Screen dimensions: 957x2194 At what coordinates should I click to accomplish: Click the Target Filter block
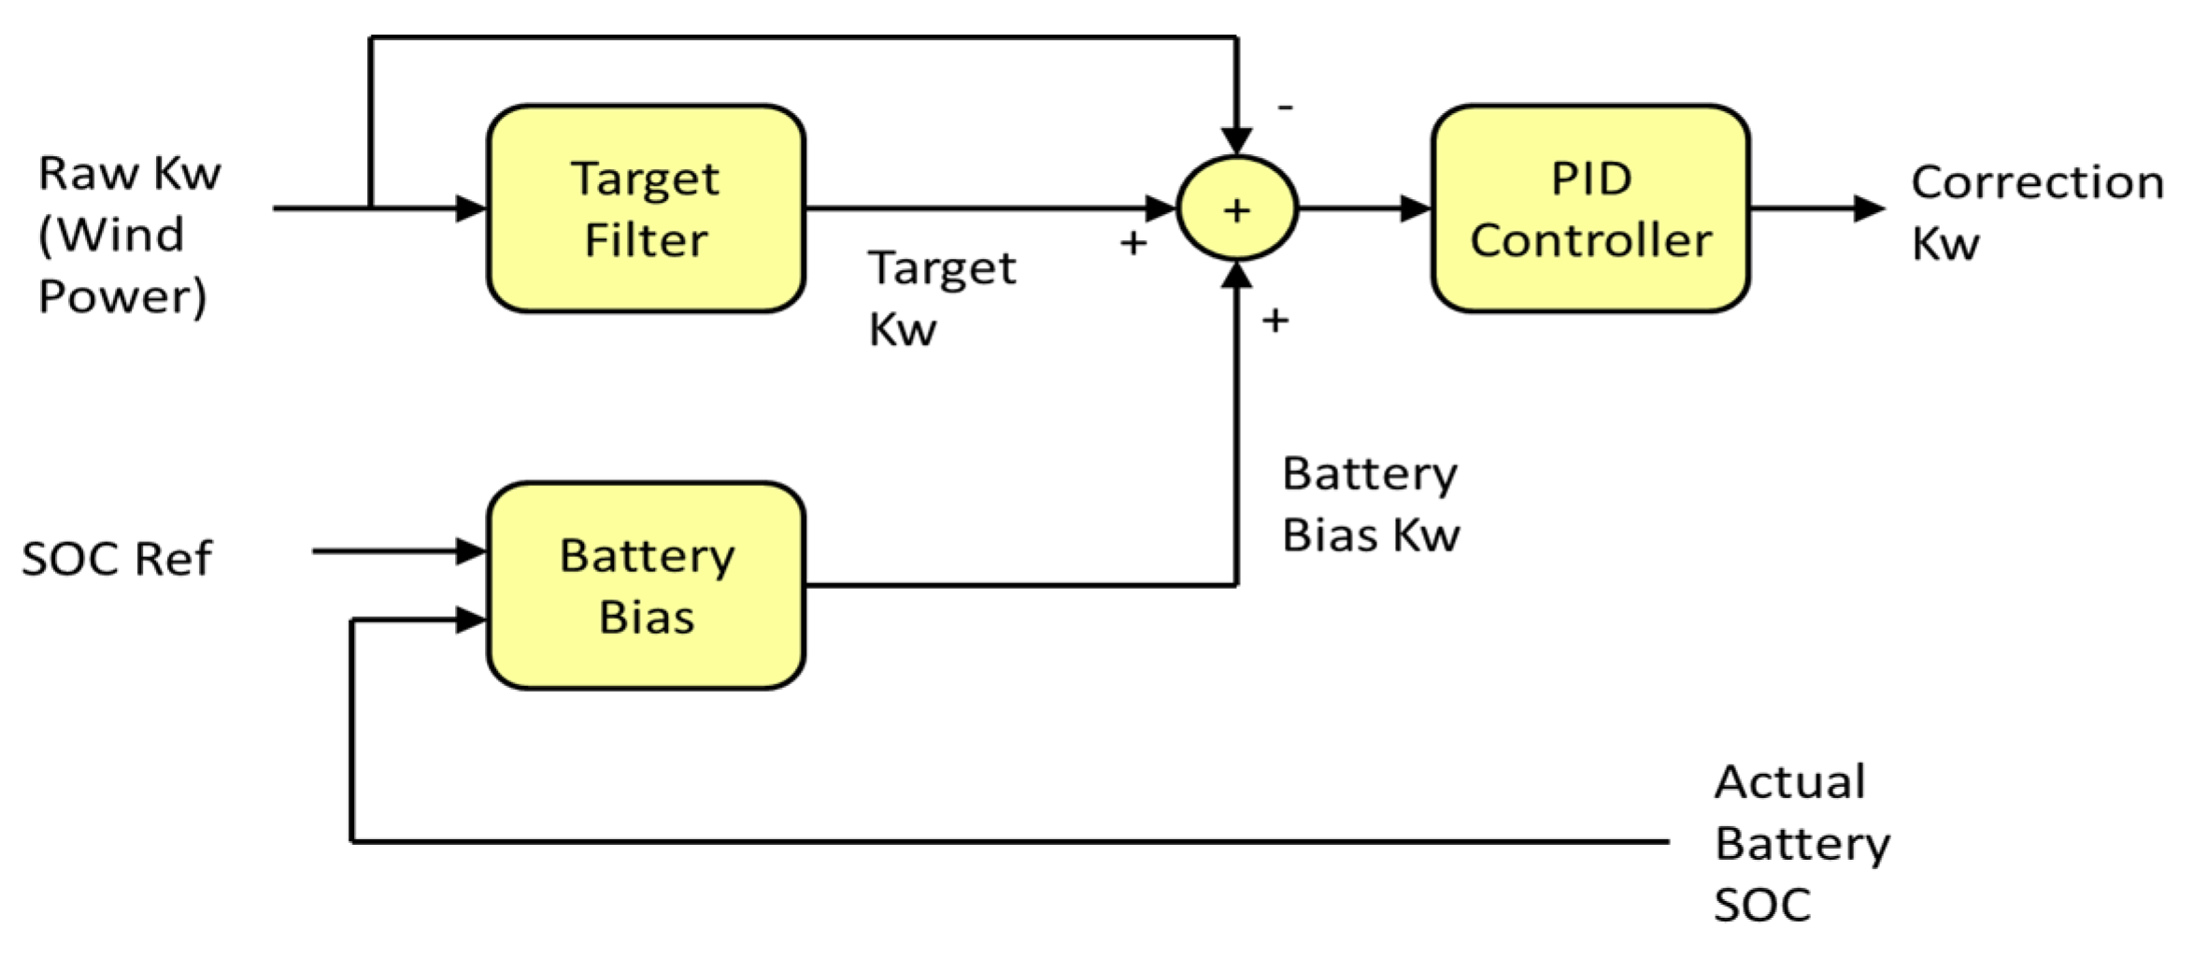click(x=646, y=208)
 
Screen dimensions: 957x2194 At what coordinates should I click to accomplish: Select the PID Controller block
click(x=1590, y=208)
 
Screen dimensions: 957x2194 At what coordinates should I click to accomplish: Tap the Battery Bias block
click(x=646, y=586)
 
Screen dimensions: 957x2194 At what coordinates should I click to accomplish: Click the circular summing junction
click(x=1236, y=209)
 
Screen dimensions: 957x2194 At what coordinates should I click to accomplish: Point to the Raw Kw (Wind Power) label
click(x=128, y=235)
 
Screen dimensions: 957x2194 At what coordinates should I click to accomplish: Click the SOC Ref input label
click(x=117, y=559)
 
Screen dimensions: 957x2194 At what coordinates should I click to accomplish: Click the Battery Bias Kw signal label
click(x=1370, y=505)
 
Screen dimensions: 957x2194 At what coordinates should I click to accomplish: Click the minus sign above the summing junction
click(x=1286, y=108)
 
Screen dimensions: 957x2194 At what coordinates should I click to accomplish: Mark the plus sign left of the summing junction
click(x=1133, y=243)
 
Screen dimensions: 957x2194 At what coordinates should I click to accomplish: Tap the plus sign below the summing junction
click(x=1275, y=321)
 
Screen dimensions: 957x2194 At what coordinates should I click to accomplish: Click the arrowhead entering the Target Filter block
click(x=471, y=208)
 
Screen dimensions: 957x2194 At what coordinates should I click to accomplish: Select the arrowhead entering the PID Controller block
click(x=1416, y=208)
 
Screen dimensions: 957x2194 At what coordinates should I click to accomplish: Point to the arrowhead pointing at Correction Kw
click(x=1868, y=208)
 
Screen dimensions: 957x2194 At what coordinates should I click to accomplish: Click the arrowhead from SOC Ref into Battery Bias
click(x=471, y=551)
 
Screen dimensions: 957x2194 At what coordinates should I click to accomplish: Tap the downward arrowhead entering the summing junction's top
click(x=1236, y=141)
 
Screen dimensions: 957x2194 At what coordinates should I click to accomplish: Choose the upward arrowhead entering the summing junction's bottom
click(x=1236, y=276)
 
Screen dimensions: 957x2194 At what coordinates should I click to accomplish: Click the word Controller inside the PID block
click(x=1590, y=241)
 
